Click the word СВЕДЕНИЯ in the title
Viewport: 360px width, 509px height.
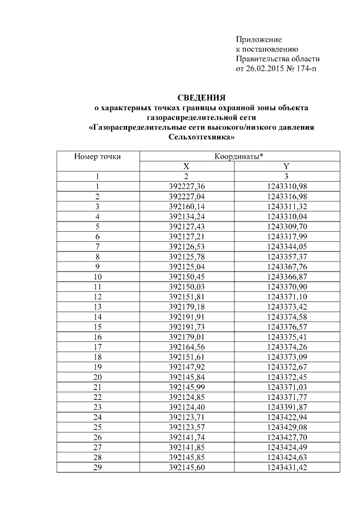201,97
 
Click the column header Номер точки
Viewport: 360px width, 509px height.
97,156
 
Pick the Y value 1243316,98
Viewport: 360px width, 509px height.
286,196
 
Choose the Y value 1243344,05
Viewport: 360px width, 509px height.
286,246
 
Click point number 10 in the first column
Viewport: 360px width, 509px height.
97,277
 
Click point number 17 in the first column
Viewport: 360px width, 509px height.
97,347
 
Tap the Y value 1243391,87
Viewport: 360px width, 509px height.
286,407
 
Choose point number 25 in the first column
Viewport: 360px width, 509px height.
97,427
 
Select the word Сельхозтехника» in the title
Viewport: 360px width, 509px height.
201,137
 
